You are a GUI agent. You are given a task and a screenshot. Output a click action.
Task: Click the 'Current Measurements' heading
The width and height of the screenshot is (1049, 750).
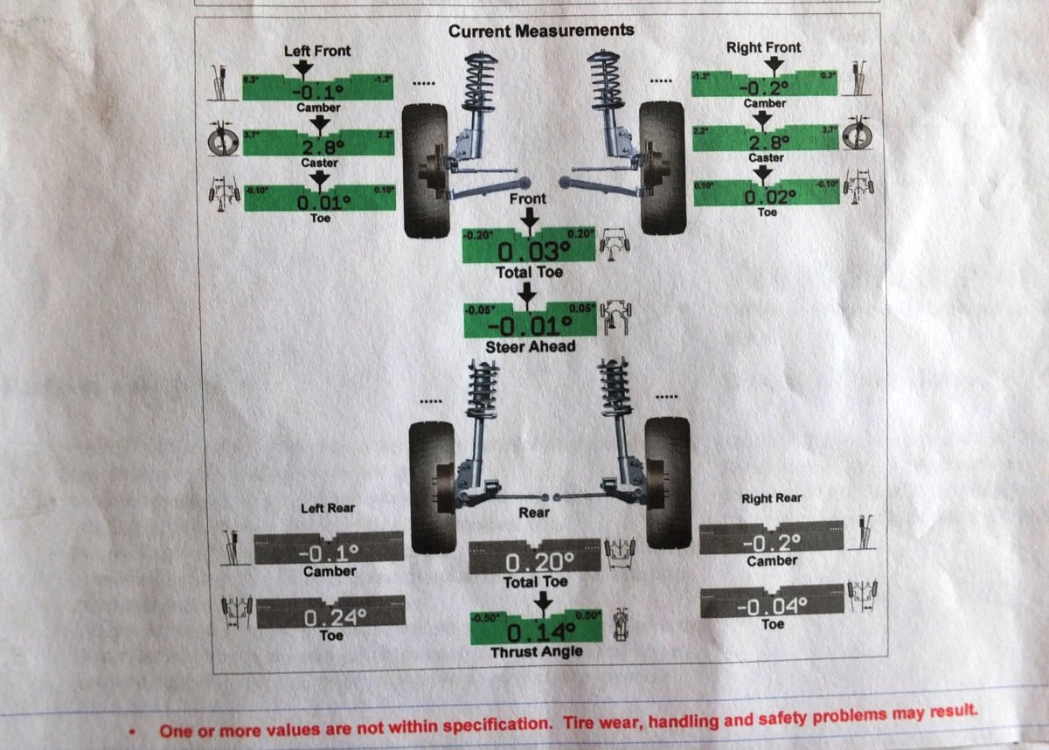pos(541,31)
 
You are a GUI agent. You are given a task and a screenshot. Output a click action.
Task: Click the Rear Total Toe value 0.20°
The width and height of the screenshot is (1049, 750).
pos(536,561)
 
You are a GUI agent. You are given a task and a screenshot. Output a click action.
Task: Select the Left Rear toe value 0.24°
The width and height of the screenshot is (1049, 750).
pos(330,617)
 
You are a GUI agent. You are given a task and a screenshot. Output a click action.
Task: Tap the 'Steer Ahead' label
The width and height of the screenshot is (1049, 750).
pos(531,347)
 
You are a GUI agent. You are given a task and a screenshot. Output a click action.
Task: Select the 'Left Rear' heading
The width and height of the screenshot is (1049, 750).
pos(328,508)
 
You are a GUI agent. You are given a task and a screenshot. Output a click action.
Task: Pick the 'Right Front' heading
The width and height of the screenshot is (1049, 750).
pos(763,47)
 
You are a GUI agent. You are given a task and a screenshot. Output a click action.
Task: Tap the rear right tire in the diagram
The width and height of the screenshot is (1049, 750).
pos(667,483)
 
